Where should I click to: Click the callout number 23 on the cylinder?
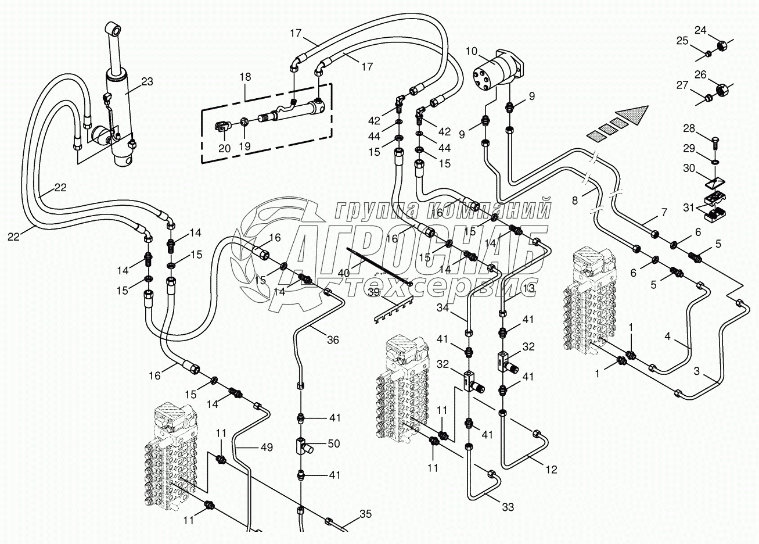147,82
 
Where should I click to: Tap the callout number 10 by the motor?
471,52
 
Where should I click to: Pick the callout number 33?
508,507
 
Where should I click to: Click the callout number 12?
551,470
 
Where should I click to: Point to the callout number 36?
333,341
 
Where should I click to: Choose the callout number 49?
267,447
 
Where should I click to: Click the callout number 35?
365,513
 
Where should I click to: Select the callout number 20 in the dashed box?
225,148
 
